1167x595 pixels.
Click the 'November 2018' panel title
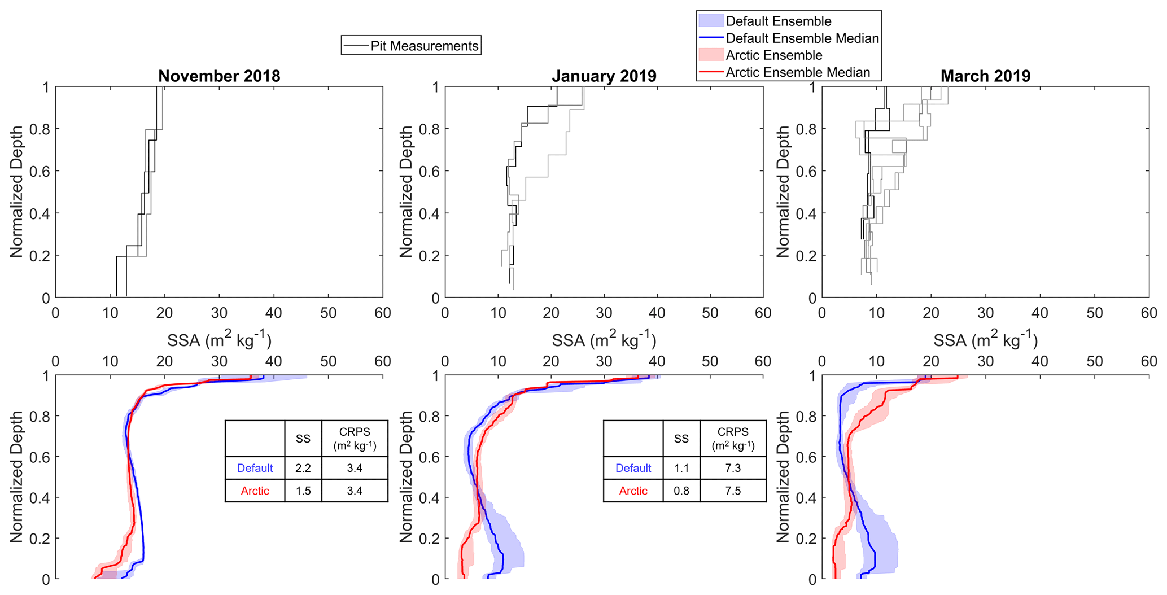tap(219, 76)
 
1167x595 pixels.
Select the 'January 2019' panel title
tap(604, 76)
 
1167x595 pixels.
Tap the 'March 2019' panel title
tap(985, 76)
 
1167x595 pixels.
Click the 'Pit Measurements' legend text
tap(424, 46)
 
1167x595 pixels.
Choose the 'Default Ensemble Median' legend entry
tap(802, 38)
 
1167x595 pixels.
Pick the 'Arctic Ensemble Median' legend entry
tap(797, 72)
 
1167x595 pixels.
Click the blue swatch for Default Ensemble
tap(711, 21)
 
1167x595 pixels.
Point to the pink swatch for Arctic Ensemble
tap(711, 55)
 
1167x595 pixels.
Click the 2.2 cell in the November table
tap(303, 468)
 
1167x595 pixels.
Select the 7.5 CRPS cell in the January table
tap(733, 491)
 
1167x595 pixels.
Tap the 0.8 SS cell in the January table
tap(681, 491)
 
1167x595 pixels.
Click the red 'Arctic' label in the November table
tap(255, 491)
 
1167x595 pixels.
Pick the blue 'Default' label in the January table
tap(633, 468)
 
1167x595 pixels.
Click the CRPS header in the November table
tap(355, 438)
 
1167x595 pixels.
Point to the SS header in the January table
tap(681, 439)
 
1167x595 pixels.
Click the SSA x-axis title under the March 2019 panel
tap(985, 340)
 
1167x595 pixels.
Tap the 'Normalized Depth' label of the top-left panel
tap(17, 192)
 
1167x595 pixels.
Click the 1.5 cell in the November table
tap(303, 491)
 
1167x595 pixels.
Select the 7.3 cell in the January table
tap(733, 468)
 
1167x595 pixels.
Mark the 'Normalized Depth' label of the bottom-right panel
tap(783, 477)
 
